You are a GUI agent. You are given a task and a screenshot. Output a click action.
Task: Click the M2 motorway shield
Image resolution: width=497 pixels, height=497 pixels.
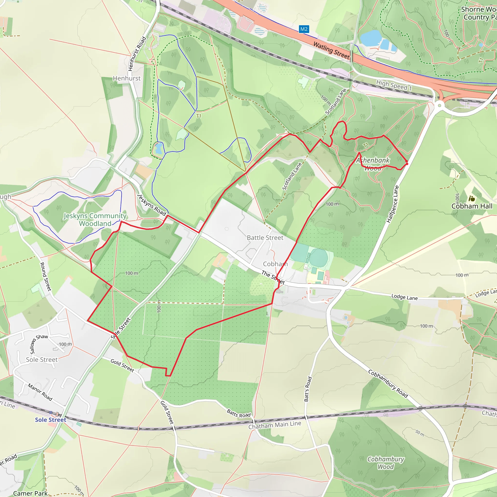coord(304,29)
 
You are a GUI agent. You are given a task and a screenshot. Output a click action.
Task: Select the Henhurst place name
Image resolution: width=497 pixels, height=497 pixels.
coord(127,78)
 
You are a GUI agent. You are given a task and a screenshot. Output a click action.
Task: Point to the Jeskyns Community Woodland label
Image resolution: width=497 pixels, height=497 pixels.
coord(95,219)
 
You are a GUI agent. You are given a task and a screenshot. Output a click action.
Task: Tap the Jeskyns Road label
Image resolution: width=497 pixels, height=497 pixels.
coord(152,205)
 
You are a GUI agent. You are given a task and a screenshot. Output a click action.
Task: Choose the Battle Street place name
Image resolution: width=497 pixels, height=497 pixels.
coord(265,238)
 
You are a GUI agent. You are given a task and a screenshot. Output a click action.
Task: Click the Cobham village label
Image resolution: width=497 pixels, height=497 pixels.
coord(275,264)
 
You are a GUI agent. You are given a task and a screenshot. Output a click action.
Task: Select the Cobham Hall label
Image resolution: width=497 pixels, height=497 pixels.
coord(472,206)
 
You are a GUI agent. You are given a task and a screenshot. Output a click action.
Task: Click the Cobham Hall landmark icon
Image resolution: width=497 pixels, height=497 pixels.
coord(472,198)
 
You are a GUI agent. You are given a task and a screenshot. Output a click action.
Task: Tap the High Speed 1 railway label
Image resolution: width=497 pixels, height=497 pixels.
coord(394,85)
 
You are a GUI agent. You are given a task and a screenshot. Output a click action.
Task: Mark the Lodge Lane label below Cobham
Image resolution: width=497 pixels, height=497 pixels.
coord(404,297)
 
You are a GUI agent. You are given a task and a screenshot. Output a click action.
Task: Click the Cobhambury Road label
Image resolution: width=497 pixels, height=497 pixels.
coord(388,384)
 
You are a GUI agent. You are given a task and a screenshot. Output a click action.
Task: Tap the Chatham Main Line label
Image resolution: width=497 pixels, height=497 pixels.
coord(274,425)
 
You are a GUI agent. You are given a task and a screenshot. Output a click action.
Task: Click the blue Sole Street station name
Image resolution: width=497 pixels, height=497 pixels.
coord(50,420)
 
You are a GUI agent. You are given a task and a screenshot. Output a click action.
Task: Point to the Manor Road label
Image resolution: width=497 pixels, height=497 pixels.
coord(40,392)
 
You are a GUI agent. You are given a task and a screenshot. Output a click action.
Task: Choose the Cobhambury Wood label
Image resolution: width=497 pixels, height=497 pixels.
coord(386,463)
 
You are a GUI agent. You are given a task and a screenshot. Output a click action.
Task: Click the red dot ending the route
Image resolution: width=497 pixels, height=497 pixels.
coord(407,164)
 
